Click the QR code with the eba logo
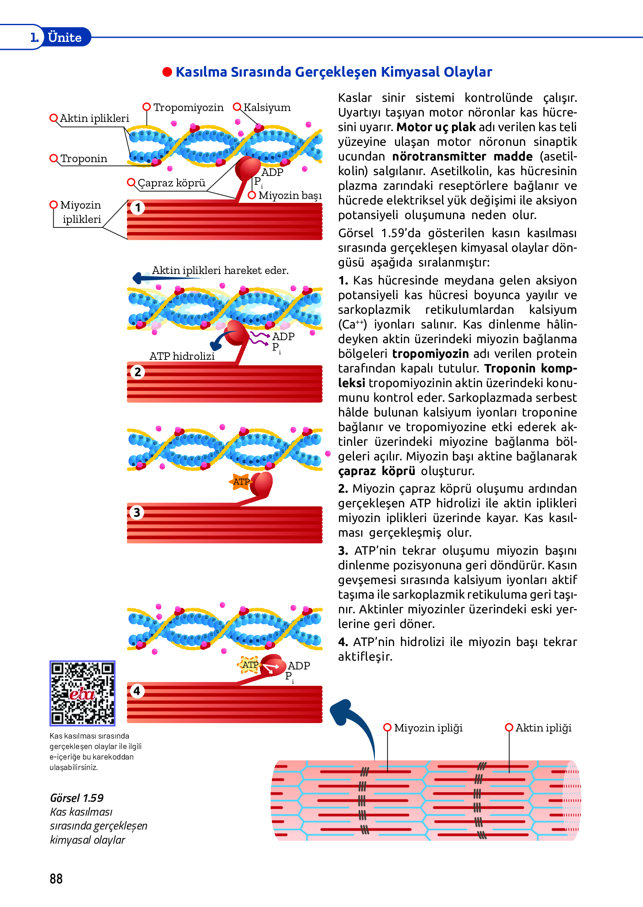pos(82,693)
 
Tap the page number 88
pos(56,879)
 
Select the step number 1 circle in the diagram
pos(137,207)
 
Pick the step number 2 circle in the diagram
pos(137,372)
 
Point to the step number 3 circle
pos(137,512)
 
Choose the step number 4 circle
pos(137,691)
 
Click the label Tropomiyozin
pos(188,108)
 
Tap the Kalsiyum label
pos(267,108)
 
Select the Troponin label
pos(84,159)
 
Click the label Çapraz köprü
pos(171,183)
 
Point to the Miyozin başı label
pos(290,196)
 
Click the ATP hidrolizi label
pos(182,356)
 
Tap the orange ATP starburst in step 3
pos(241,482)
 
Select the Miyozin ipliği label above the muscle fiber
pos(428,728)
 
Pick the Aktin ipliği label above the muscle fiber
pos(543,728)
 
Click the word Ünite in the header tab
pos(65,38)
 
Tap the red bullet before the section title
pos(167,72)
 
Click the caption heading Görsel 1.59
pos(77,798)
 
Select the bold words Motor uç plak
pos(436,127)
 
